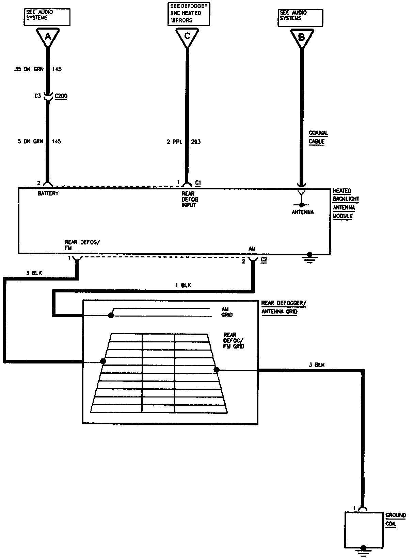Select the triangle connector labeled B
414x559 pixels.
point(301,37)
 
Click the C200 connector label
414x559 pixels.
point(61,96)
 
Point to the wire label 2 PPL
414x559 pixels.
point(175,142)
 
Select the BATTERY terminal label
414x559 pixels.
point(48,193)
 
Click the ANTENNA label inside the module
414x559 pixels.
point(303,212)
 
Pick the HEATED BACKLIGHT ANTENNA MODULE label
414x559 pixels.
point(346,203)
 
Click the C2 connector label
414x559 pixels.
point(264,260)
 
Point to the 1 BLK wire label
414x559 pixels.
point(183,285)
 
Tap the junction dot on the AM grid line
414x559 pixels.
point(111,315)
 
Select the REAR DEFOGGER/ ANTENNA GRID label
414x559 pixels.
point(283,307)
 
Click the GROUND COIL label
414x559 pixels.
point(395,520)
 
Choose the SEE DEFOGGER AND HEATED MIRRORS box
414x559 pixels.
point(189,14)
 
